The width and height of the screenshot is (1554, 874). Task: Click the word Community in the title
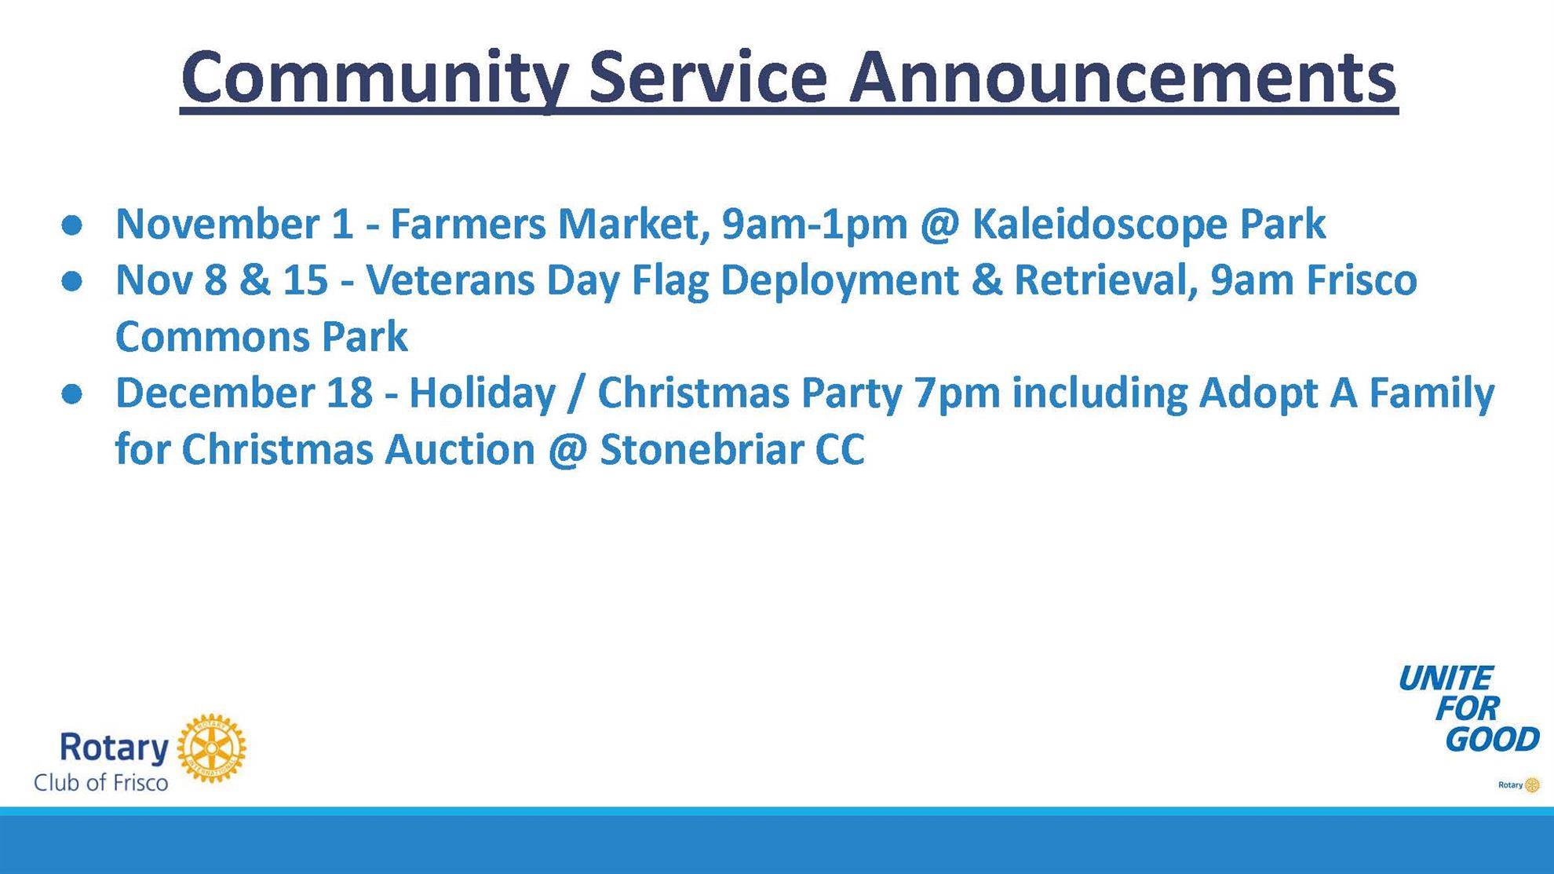(374, 79)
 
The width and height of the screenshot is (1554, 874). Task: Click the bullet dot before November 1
(72, 225)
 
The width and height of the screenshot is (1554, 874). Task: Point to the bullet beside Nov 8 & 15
(72, 281)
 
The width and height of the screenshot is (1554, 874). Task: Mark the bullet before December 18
(72, 394)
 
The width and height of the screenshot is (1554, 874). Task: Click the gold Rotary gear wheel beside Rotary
(211, 748)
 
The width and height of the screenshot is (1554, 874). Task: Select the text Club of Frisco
(100, 783)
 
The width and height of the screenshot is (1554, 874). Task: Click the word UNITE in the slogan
(1445, 678)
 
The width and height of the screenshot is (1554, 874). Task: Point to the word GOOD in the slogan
(1492, 740)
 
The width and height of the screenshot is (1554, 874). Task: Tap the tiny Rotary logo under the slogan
(1519, 784)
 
